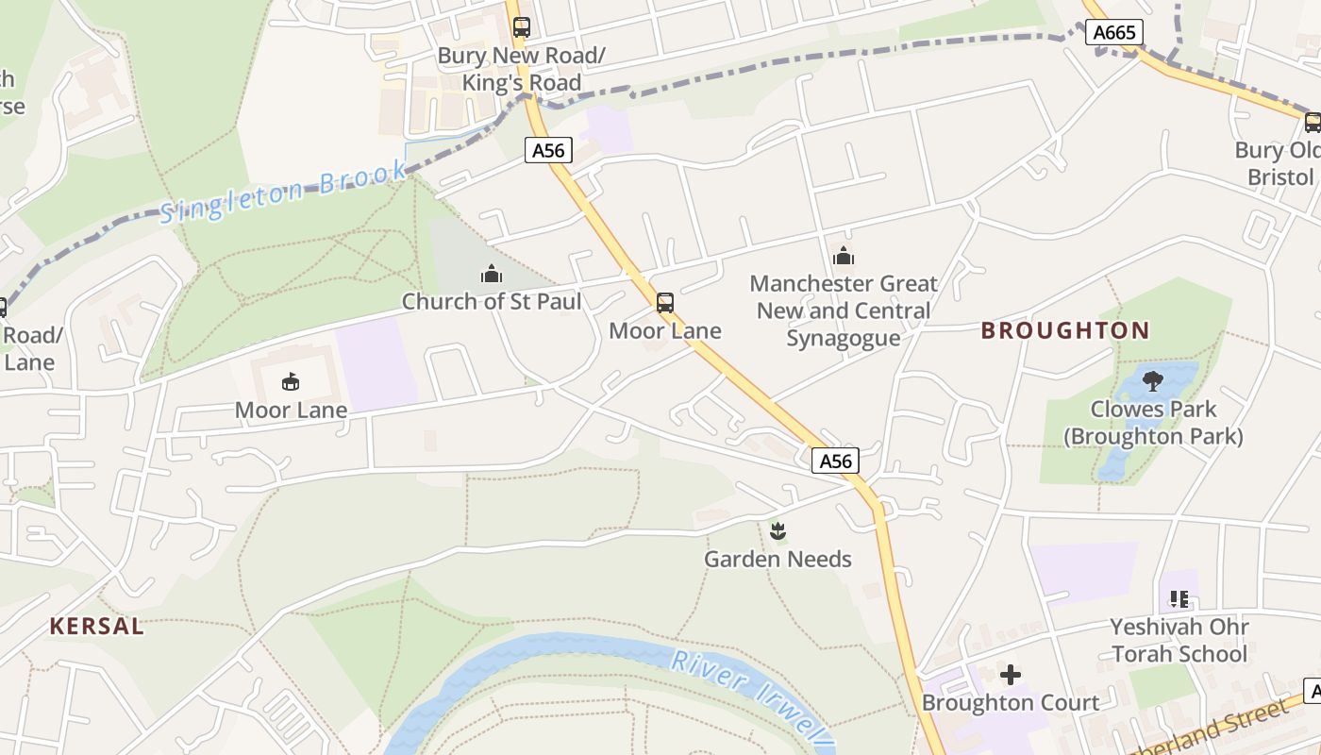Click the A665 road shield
(x=1113, y=33)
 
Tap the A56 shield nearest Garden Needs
(x=835, y=461)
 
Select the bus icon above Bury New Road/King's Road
(x=522, y=27)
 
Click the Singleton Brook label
(x=283, y=193)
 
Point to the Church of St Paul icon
(x=491, y=275)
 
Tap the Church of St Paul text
(x=491, y=302)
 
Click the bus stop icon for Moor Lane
(x=665, y=303)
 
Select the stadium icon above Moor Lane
(x=291, y=382)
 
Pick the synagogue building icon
(x=844, y=256)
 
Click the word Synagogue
(x=844, y=338)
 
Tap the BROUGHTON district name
(x=1064, y=330)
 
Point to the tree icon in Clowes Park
(x=1152, y=381)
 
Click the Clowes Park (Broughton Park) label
(x=1153, y=423)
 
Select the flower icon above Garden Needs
(x=778, y=530)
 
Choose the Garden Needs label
(x=778, y=559)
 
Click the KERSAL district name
(x=96, y=626)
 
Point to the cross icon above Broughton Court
(x=1011, y=675)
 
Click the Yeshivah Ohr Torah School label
(x=1179, y=640)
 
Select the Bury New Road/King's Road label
(x=521, y=69)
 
